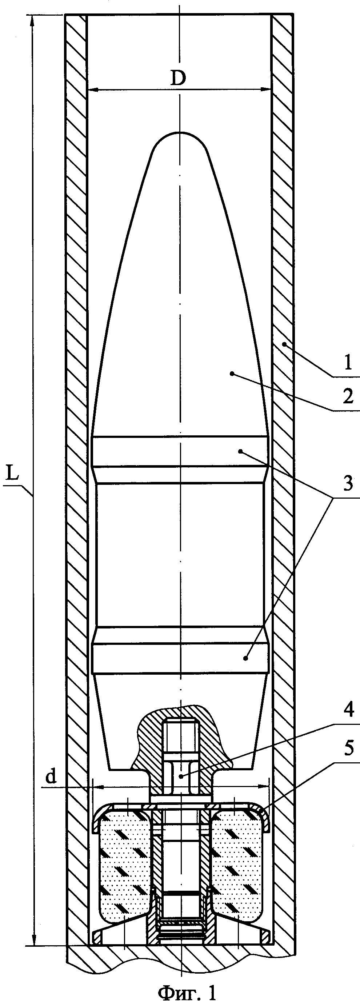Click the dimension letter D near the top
pyautogui.click(x=178, y=79)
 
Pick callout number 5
pyautogui.click(x=349, y=748)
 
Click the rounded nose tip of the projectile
pyautogui.click(x=180, y=134)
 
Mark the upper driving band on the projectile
pyautogui.click(x=180, y=451)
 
